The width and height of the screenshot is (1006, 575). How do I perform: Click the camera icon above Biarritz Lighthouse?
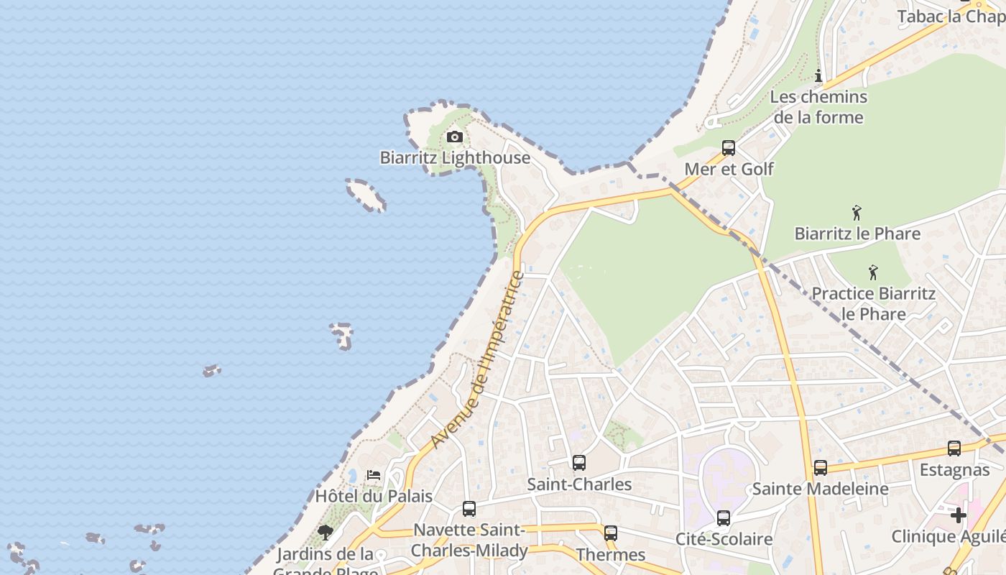[454, 137]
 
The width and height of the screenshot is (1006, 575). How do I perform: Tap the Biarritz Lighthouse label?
[455, 158]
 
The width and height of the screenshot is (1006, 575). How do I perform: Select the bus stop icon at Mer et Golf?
[729, 148]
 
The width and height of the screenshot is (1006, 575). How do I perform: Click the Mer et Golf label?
[729, 169]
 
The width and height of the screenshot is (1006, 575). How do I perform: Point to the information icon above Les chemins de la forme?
[818, 75]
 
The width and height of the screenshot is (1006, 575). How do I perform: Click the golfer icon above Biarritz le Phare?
[856, 213]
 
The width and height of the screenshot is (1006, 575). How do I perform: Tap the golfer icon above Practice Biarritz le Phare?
[873, 272]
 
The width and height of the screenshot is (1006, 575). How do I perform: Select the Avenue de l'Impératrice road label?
[479, 359]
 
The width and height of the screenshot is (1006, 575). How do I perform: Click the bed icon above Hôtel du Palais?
[374, 475]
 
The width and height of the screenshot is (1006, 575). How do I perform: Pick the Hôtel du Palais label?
[374, 496]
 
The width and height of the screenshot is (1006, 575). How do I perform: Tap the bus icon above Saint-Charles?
[579, 463]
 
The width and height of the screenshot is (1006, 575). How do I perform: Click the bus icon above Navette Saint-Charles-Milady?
[469, 509]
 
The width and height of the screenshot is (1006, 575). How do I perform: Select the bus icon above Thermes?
[611, 533]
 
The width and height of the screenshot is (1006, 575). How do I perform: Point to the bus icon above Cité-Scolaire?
[724, 518]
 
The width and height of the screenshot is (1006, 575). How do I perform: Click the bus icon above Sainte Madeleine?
[820, 468]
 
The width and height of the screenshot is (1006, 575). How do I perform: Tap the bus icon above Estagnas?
[954, 448]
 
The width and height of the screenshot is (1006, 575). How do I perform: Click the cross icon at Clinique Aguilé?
[959, 515]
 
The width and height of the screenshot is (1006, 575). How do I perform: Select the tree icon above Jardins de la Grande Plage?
[326, 533]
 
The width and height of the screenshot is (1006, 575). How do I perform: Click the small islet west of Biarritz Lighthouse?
[366, 195]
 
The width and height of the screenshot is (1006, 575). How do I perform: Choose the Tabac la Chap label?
[951, 17]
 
